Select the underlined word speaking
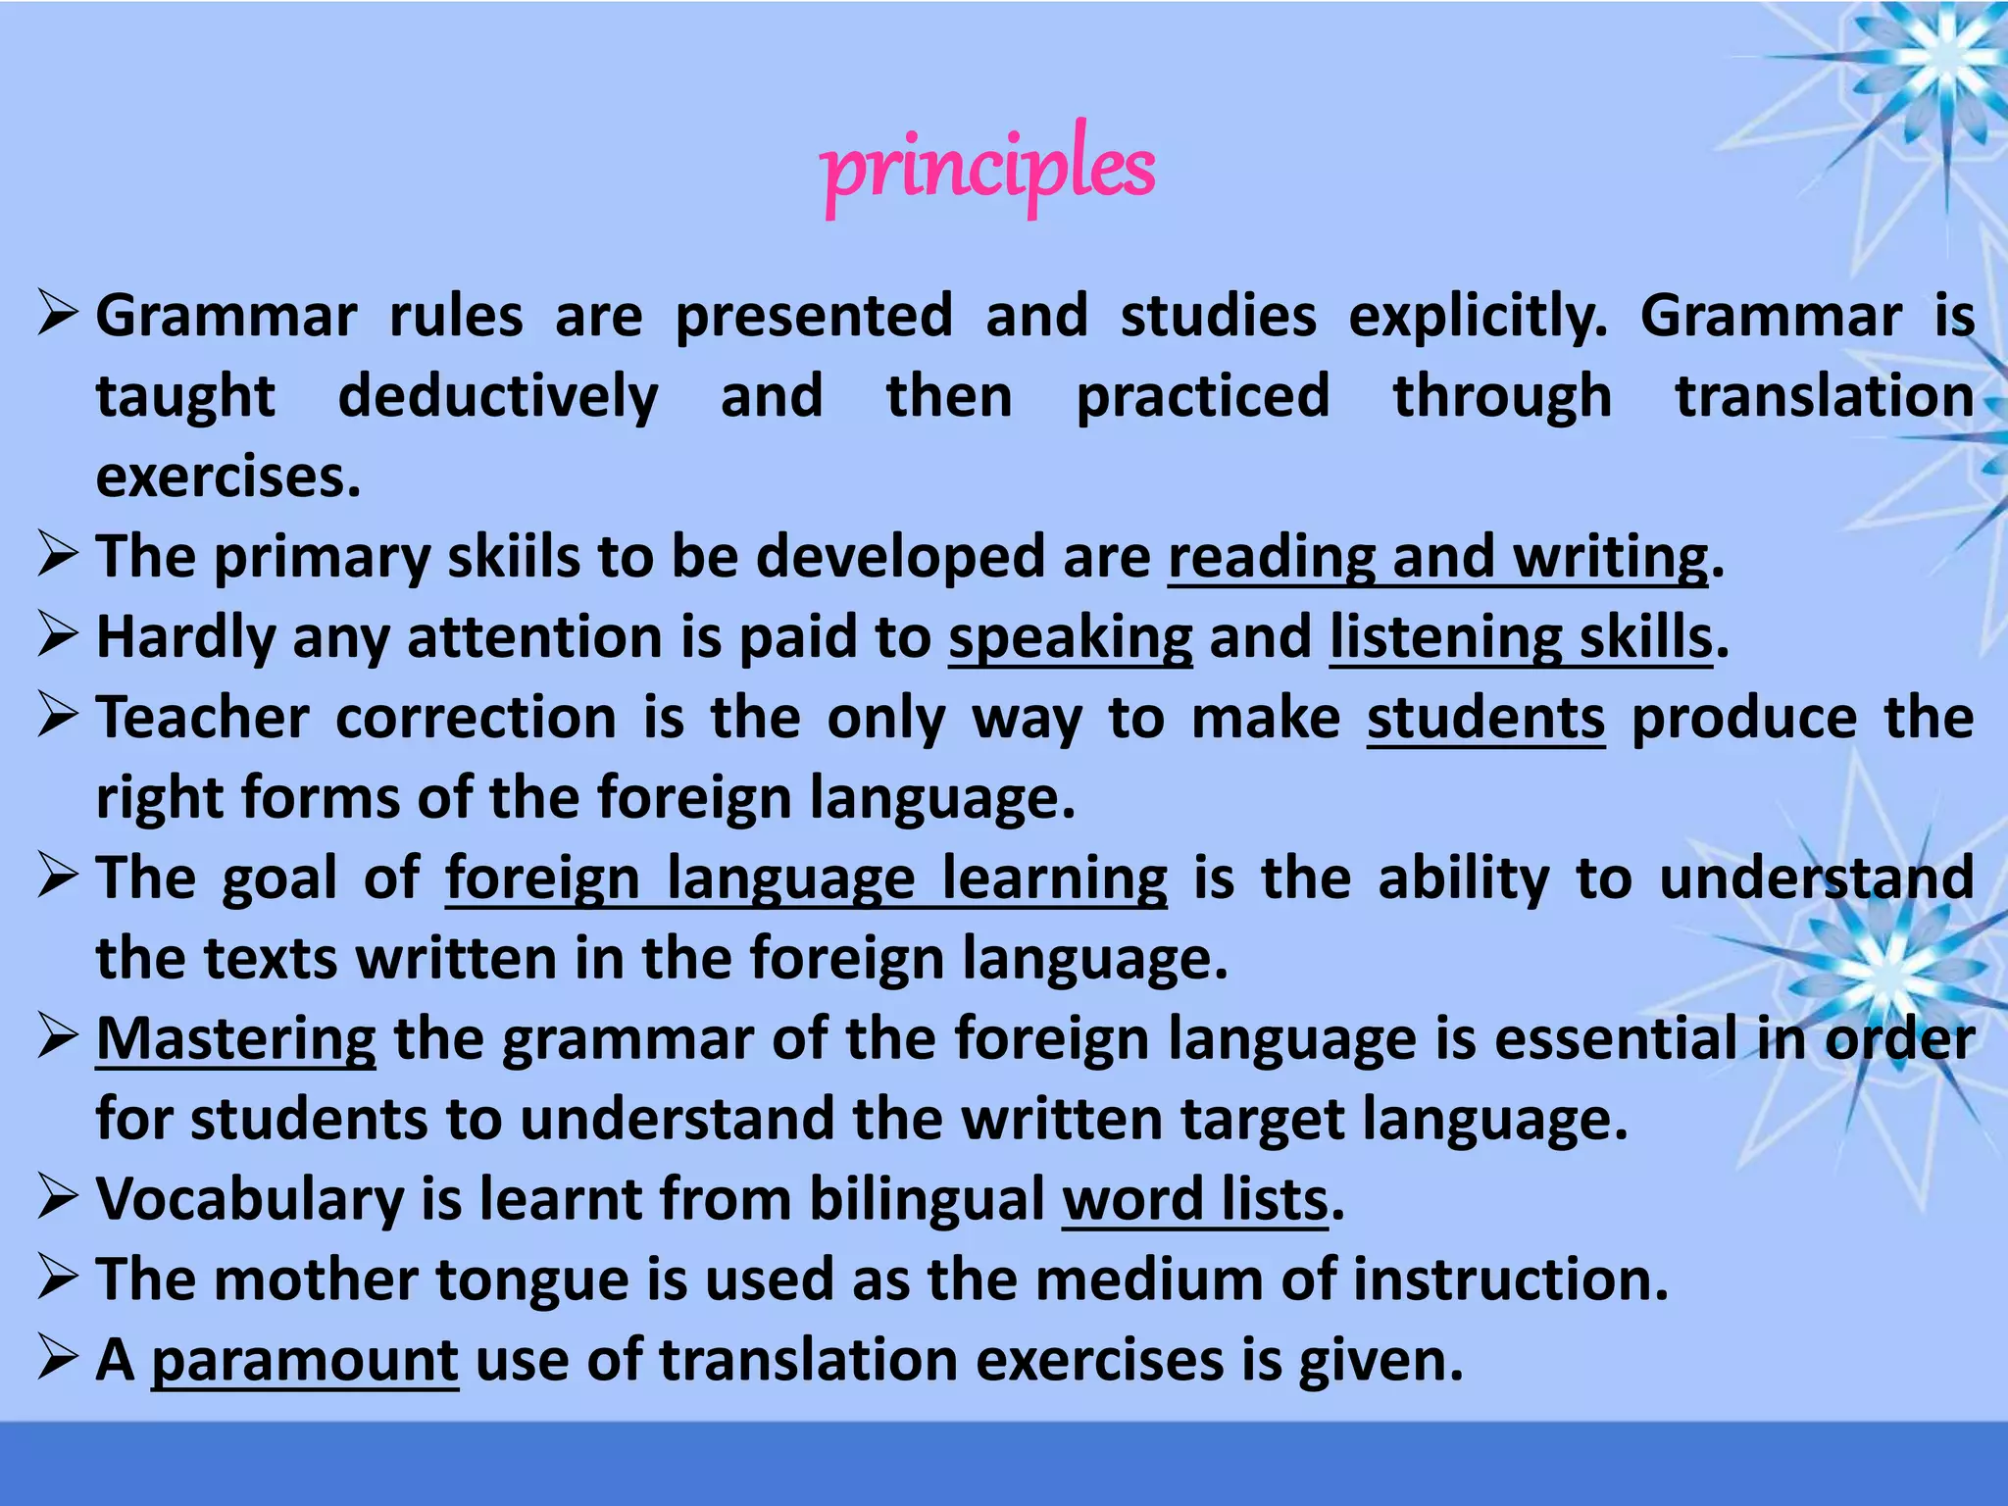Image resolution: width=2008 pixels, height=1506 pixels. pos(1071,638)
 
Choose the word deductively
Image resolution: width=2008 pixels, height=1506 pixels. pos(498,397)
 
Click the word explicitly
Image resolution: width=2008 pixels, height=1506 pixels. pos(1479,317)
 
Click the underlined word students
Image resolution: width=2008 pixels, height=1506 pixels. pos(1485,718)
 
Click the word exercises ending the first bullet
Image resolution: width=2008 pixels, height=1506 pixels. pos(228,477)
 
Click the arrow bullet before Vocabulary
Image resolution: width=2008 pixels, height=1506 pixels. pos(58,1198)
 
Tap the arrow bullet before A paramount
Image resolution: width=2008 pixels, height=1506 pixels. pos(58,1359)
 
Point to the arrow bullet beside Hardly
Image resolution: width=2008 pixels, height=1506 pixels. pos(58,636)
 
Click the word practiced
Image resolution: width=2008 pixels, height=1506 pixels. pos(1203,397)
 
